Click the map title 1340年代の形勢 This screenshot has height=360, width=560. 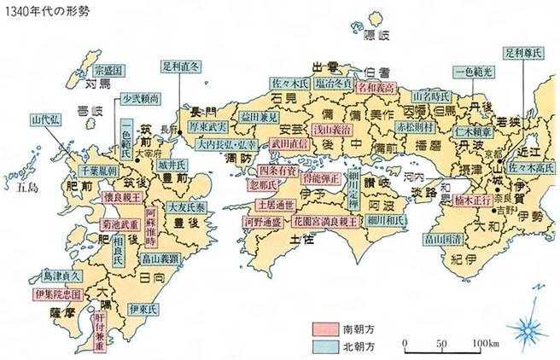40,9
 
